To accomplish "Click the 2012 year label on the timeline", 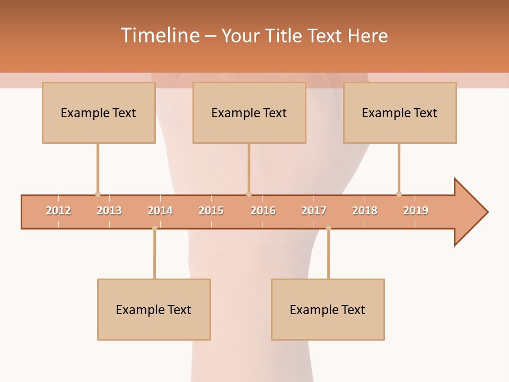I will click(58, 211).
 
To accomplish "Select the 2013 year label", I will click(109, 211).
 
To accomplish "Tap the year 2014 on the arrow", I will click(160, 211).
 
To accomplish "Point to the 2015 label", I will click(211, 211).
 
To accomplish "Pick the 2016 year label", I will click(263, 211).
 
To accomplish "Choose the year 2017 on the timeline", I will click(314, 211).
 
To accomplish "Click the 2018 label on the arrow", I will click(365, 211).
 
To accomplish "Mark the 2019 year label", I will click(416, 211).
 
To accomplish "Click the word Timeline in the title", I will click(159, 36).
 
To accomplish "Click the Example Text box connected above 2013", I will click(99, 112).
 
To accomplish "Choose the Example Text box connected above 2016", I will click(249, 112).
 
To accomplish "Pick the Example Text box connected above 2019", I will click(400, 112).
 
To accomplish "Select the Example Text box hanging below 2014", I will click(154, 309).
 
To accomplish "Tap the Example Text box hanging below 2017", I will click(328, 309).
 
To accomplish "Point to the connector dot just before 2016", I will click(249, 194).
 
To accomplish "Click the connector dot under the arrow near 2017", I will click(328, 228).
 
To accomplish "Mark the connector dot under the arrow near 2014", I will click(154, 228).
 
